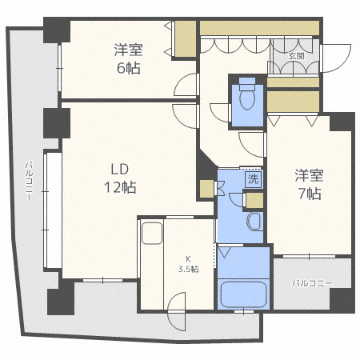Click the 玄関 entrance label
coord(296,56)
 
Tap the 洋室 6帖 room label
coord(129,58)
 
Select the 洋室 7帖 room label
coord(310,184)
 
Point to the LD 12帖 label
coord(120,178)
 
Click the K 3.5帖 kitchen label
coord(189,264)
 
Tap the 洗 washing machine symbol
coord(254,179)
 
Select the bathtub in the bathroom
coord(244,294)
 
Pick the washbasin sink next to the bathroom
coord(254,222)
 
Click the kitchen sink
coord(152,234)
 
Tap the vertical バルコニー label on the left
coord(30,181)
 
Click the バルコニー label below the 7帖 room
coord(312,283)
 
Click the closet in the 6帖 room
coord(186,38)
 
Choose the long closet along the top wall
coord(259,28)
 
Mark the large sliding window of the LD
coord(53,210)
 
